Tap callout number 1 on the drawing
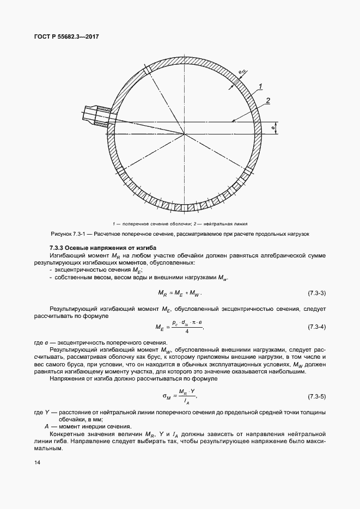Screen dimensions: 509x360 (x=261, y=87)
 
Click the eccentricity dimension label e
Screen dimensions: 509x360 (x=272, y=128)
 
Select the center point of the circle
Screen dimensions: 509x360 (x=184, y=134)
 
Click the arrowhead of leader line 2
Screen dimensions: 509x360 (x=233, y=120)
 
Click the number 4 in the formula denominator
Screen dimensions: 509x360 (x=187, y=331)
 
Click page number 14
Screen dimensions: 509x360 (x=36, y=462)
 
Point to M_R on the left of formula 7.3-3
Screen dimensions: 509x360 (x=162, y=294)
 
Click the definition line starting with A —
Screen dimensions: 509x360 (x=87, y=426)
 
